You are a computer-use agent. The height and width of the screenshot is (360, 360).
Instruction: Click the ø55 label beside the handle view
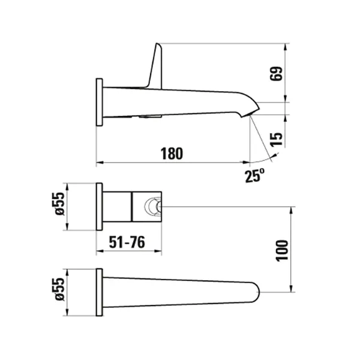58,206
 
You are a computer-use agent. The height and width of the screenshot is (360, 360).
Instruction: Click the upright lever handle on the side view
154,66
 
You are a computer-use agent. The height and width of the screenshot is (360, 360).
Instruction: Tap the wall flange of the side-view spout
100,102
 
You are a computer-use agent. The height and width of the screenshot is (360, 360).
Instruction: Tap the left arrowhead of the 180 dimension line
100,162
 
